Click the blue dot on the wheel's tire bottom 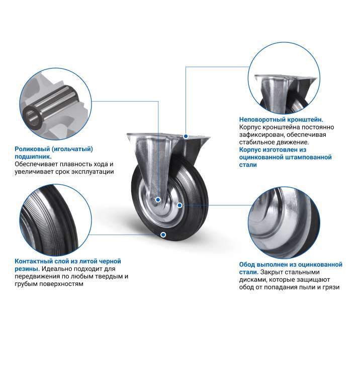click(x=163, y=235)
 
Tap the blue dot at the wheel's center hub click(x=158, y=199)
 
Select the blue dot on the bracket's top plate click(x=186, y=136)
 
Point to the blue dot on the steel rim click(x=179, y=205)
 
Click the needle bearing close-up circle click(x=55, y=104)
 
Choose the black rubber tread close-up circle click(x=55, y=220)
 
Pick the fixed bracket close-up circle click(x=284, y=79)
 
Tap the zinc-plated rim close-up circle click(x=284, y=222)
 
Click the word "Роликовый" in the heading click(x=32, y=149)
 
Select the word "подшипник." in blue click(x=33, y=157)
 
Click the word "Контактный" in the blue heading click(x=34, y=261)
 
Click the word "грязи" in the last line click(x=331, y=287)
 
